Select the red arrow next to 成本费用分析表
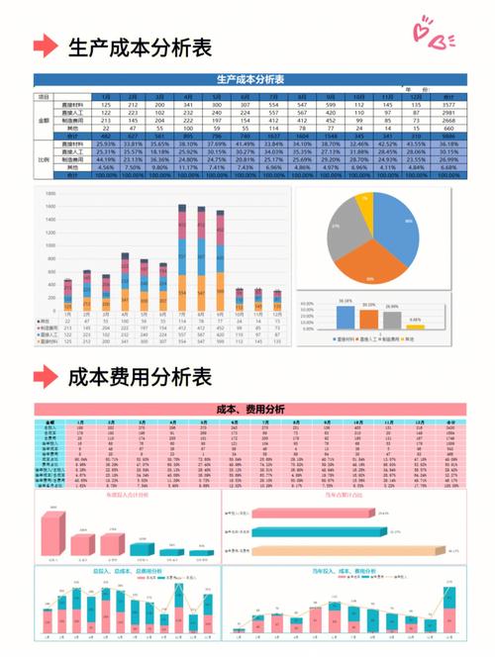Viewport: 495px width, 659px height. pyautogui.click(x=45, y=377)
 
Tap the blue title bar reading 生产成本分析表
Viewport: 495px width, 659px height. pyautogui.click(x=248, y=79)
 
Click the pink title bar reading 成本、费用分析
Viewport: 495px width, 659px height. pyautogui.click(x=248, y=410)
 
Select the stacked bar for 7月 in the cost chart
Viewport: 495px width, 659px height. pyautogui.click(x=183, y=262)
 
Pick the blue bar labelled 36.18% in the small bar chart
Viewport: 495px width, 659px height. pyautogui.click(x=346, y=317)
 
